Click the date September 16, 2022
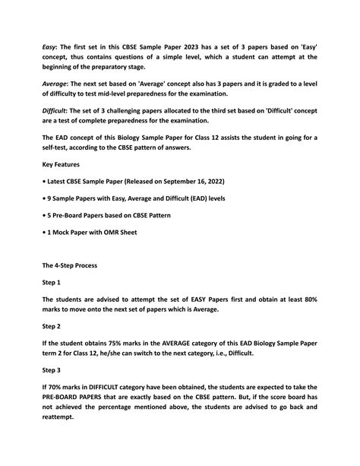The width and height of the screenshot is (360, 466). [190, 181]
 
